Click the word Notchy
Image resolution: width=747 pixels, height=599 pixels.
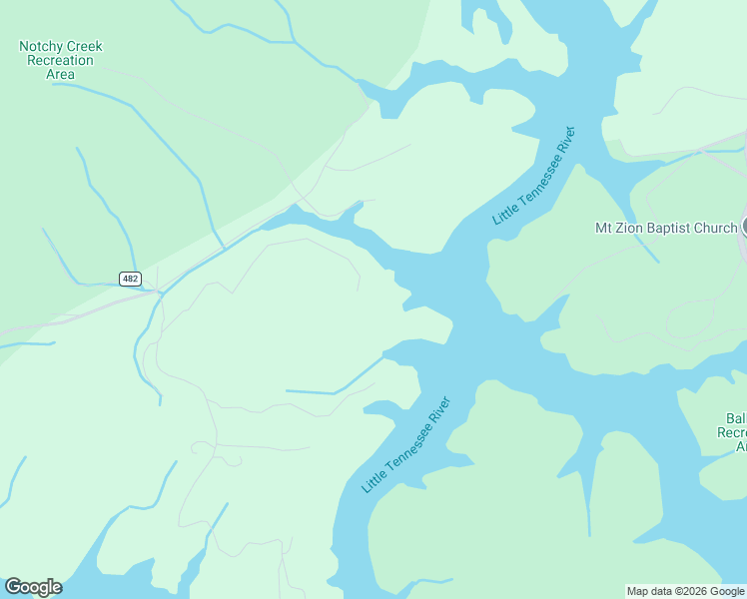[x=40, y=47]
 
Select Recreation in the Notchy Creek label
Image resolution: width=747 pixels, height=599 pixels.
[x=61, y=61]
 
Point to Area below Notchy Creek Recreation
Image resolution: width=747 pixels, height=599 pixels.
[x=61, y=74]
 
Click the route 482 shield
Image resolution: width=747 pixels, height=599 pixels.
[x=130, y=279]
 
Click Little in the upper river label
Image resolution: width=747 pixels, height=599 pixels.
[x=504, y=213]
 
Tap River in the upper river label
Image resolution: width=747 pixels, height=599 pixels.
[x=566, y=139]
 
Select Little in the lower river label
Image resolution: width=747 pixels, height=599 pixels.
[x=373, y=480]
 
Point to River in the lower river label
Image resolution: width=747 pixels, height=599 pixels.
[x=439, y=408]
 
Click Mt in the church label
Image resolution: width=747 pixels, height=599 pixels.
[x=604, y=228]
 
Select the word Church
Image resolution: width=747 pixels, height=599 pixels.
[x=716, y=228]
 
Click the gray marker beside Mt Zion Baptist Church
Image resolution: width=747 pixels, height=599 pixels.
[x=744, y=228]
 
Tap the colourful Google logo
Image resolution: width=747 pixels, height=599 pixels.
[x=33, y=587]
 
